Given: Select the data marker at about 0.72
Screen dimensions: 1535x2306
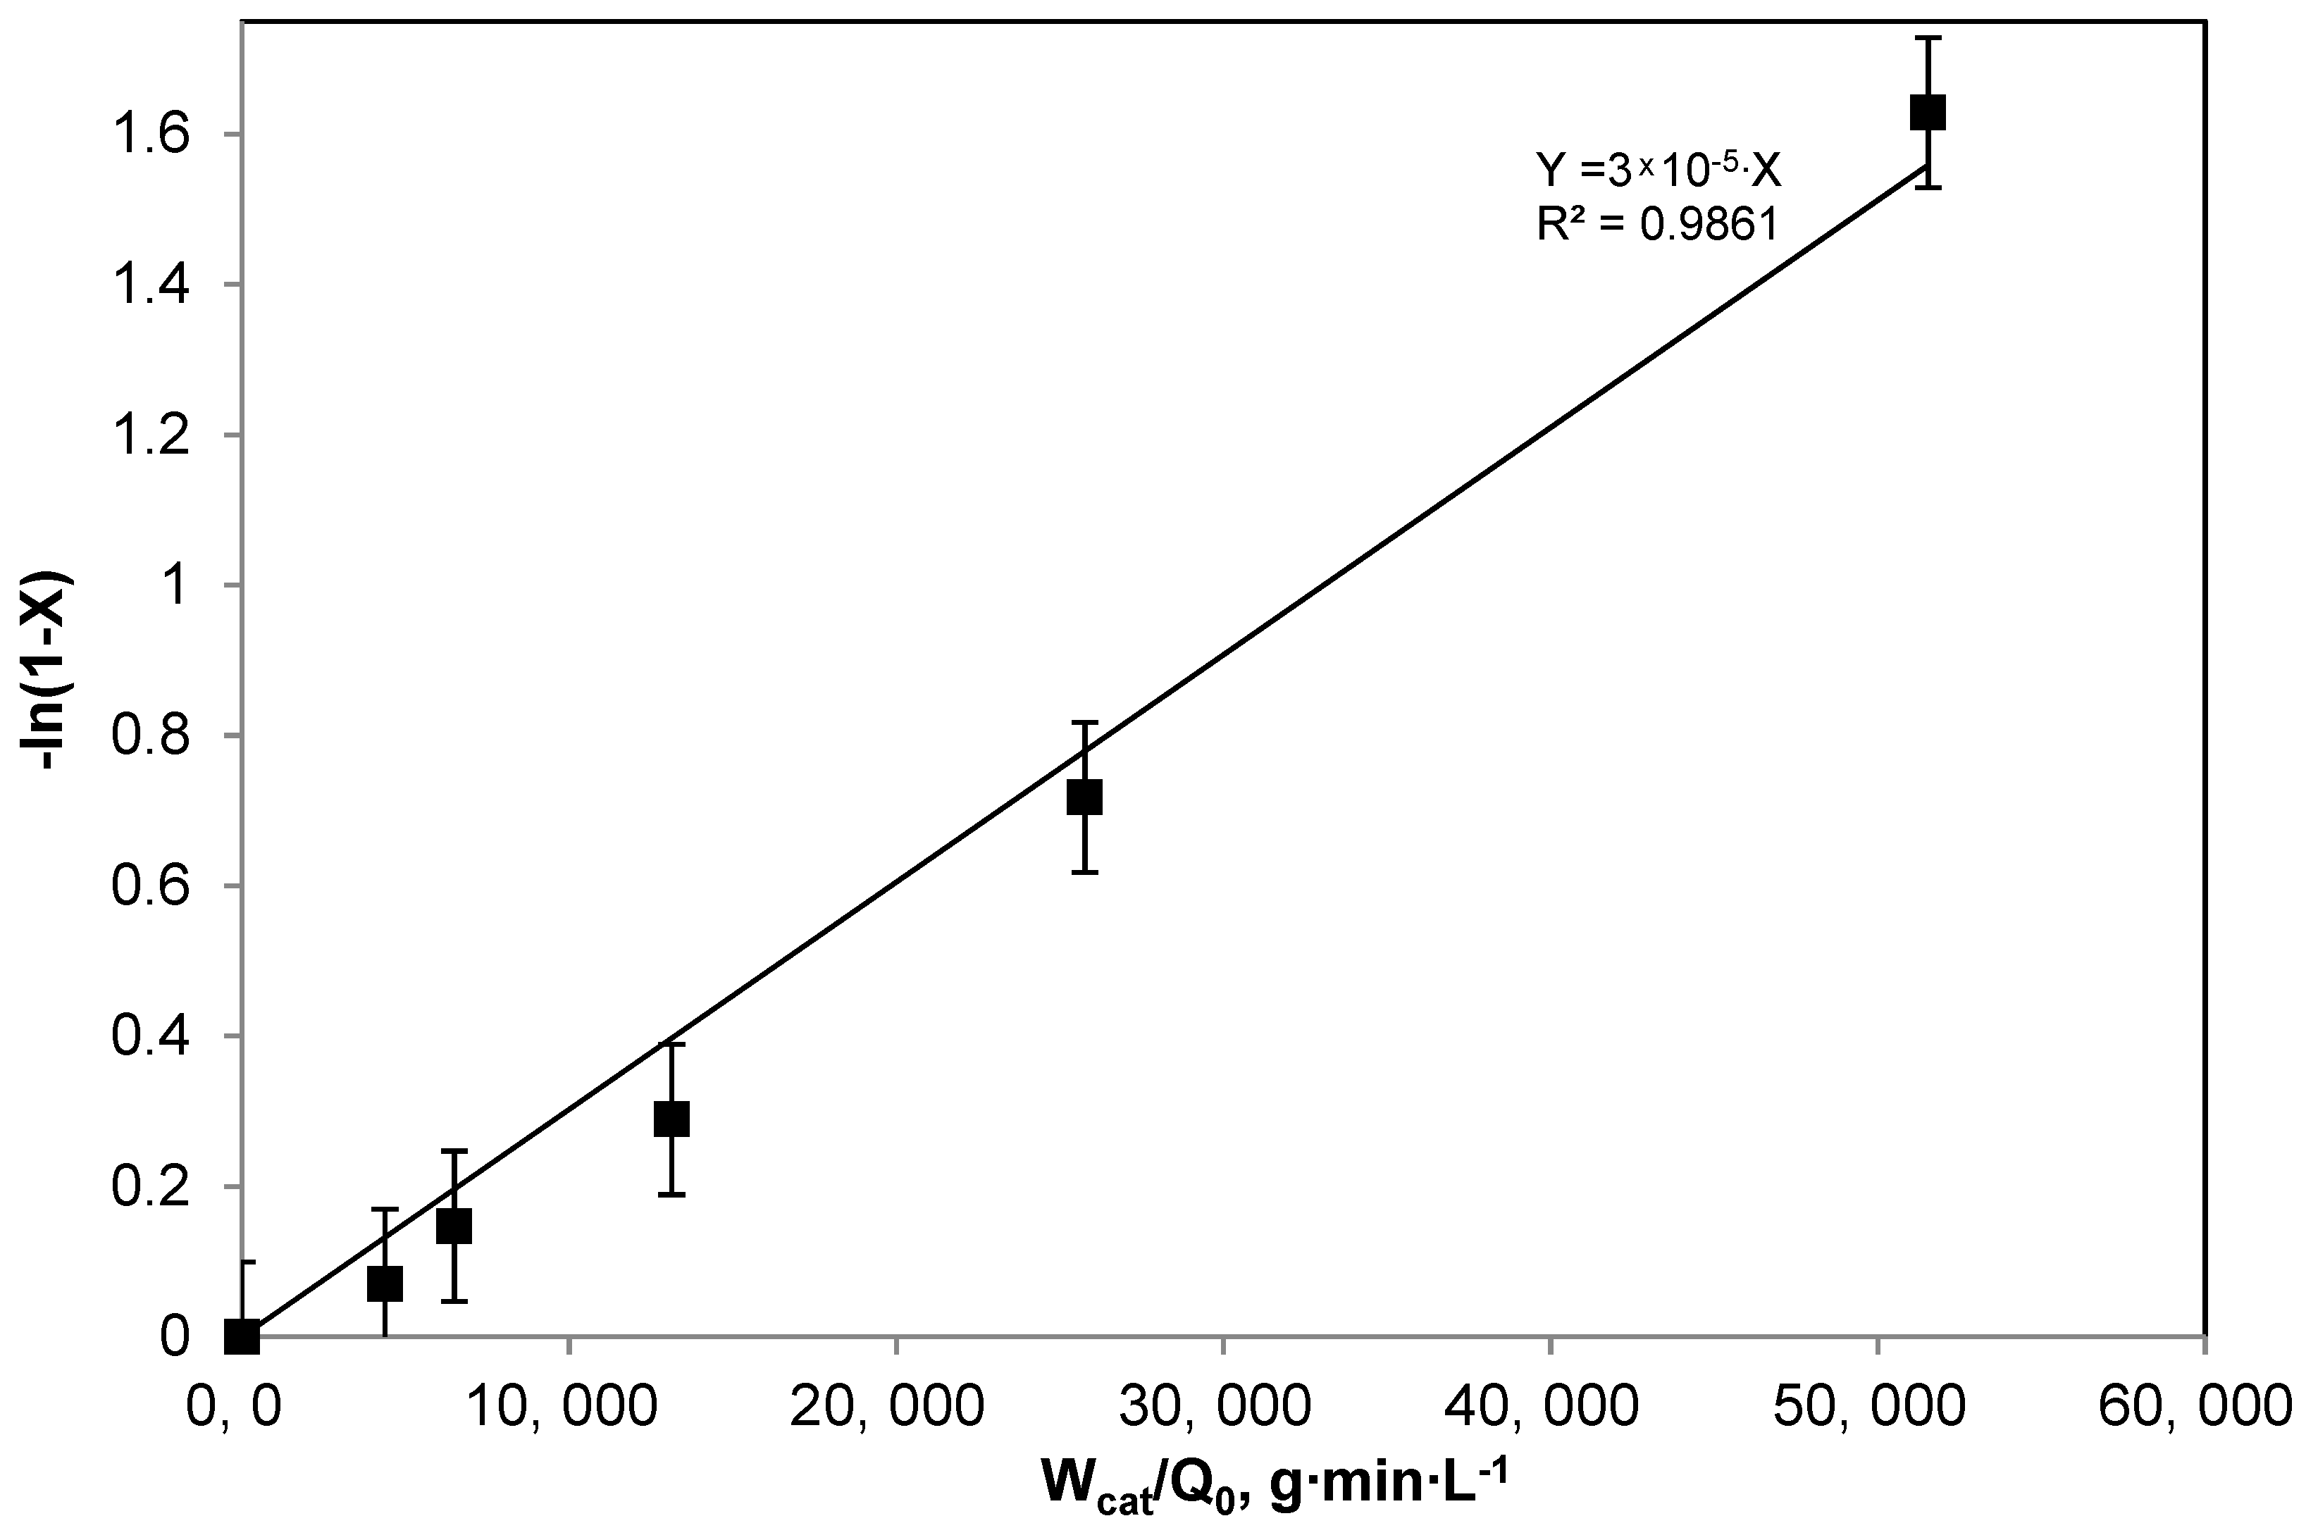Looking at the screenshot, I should coord(1084,797).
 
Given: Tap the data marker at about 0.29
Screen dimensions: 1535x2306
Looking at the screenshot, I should coord(671,1118).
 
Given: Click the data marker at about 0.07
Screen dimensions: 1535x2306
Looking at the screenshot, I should coord(385,1284).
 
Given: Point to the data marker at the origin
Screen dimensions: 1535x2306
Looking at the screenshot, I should coord(242,1336).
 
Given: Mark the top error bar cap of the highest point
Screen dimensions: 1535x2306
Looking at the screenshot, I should coord(1927,37).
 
